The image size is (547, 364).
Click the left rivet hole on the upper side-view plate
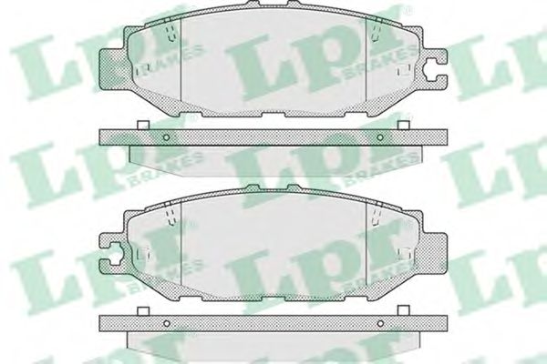(167, 137)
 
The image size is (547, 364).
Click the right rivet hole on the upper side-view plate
(380, 137)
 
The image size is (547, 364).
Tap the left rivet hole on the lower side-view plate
(167, 324)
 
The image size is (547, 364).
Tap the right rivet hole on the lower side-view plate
(380, 324)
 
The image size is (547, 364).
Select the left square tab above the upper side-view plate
(143, 125)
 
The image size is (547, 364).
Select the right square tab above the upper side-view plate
(404, 125)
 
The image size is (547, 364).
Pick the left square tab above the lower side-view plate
(143, 311)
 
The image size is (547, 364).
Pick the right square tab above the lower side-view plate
(404, 311)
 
